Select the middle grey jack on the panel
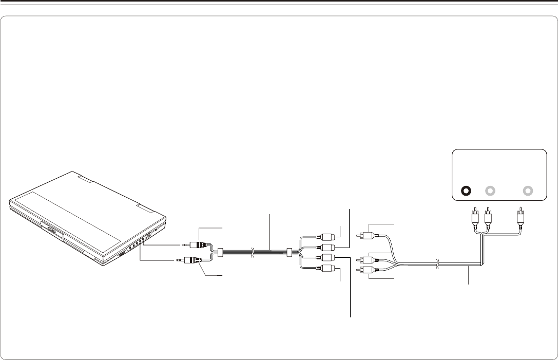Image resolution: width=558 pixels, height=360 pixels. click(490, 191)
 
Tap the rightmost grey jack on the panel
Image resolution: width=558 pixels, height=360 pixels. click(528, 191)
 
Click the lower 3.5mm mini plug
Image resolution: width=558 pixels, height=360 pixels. click(189, 260)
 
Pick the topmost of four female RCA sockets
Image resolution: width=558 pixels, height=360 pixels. click(325, 238)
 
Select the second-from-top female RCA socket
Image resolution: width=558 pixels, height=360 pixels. click(325, 248)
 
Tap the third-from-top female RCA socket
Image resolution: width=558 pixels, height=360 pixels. click(325, 258)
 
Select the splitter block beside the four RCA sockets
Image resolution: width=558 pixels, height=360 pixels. click(289, 253)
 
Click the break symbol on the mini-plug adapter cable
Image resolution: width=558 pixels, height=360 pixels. click(252, 253)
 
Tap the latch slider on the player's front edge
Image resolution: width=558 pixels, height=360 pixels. click(122, 255)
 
